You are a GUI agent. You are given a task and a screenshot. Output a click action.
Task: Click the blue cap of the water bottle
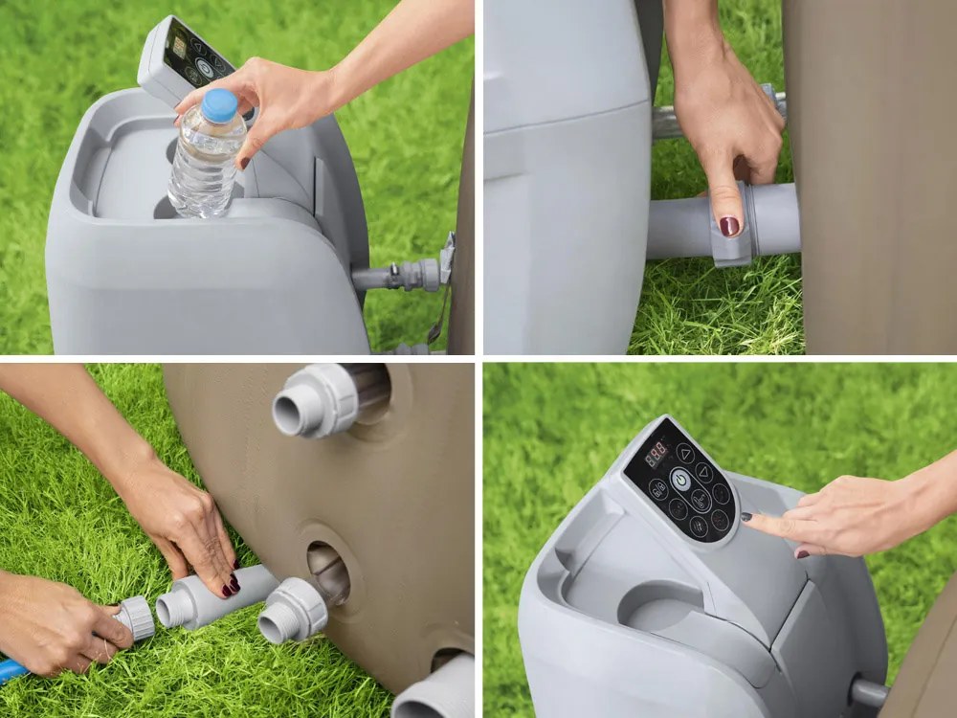[220, 105]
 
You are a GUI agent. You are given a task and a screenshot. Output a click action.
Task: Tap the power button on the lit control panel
[680, 481]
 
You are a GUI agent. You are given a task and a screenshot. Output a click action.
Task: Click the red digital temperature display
[657, 455]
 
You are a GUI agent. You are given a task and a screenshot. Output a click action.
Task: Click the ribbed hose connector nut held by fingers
[135, 617]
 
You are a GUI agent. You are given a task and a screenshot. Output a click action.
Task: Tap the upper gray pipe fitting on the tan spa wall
[316, 399]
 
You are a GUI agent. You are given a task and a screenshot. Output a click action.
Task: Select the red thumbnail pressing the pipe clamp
[729, 226]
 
